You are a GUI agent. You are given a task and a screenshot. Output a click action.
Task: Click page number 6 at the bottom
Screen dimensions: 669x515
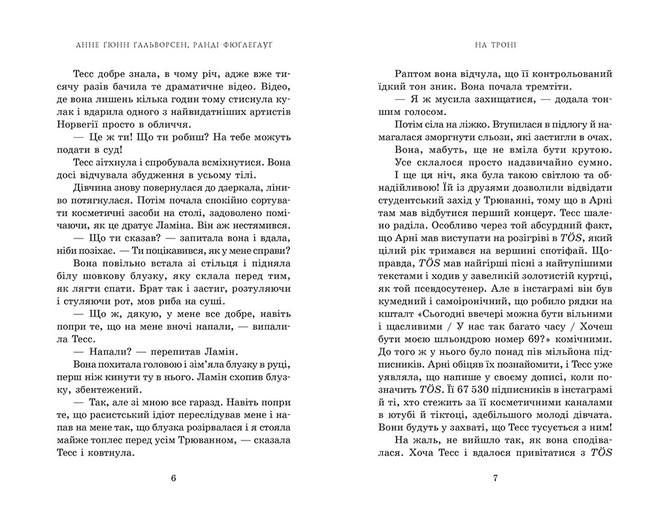click(x=173, y=478)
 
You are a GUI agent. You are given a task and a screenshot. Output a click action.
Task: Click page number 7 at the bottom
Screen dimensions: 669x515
click(x=495, y=478)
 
